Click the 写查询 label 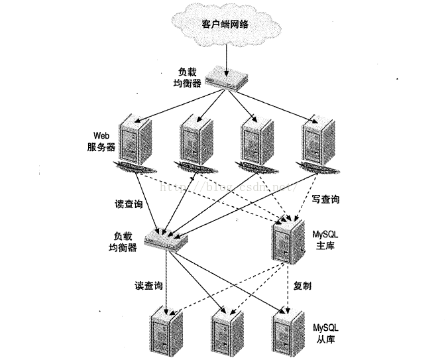pyautogui.click(x=325, y=198)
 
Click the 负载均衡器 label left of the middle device pyautogui.click(x=125, y=241)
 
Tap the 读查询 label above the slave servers pyautogui.click(x=148, y=286)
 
